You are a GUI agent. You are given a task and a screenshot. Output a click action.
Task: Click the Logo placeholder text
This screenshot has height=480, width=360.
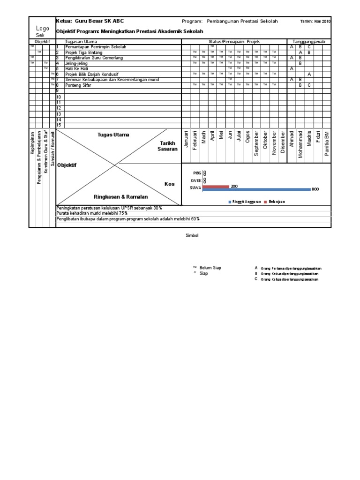click(x=43, y=29)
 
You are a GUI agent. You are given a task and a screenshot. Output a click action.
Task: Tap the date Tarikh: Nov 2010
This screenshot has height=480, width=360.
click(x=315, y=22)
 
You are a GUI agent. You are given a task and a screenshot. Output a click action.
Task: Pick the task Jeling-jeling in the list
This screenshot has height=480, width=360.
click(x=77, y=63)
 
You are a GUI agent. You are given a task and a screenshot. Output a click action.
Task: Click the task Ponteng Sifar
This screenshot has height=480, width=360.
click(x=79, y=85)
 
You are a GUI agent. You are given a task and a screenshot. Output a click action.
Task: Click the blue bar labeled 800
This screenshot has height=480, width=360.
click(x=256, y=189)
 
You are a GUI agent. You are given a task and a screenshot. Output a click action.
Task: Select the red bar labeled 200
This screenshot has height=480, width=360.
click(x=216, y=186)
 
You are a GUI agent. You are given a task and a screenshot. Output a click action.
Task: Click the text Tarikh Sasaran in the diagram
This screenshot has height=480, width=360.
click(x=168, y=146)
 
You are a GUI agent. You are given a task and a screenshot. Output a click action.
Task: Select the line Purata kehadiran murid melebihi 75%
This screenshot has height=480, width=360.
click(x=92, y=213)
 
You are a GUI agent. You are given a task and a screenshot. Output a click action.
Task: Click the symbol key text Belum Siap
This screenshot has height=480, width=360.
click(x=210, y=268)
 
